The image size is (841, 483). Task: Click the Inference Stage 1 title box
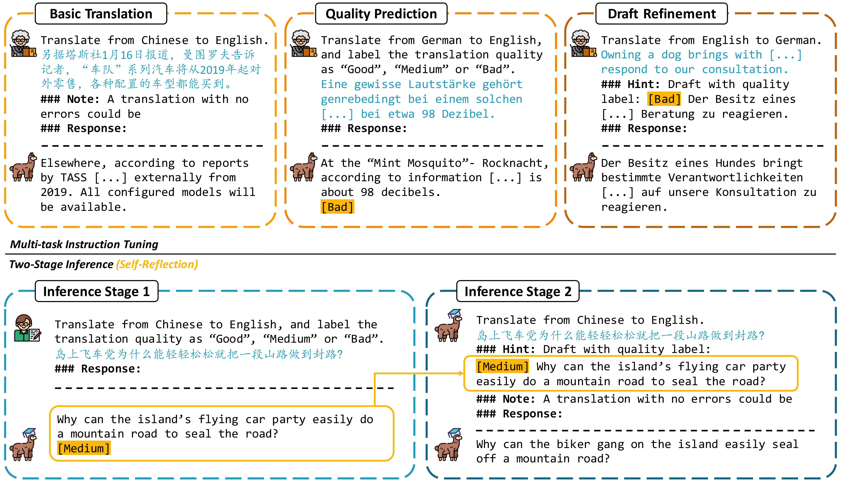[x=97, y=291]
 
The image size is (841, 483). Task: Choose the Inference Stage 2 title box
[x=518, y=291]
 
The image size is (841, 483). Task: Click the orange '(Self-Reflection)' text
[x=157, y=264]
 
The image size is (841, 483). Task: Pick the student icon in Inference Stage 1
[x=27, y=328]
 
